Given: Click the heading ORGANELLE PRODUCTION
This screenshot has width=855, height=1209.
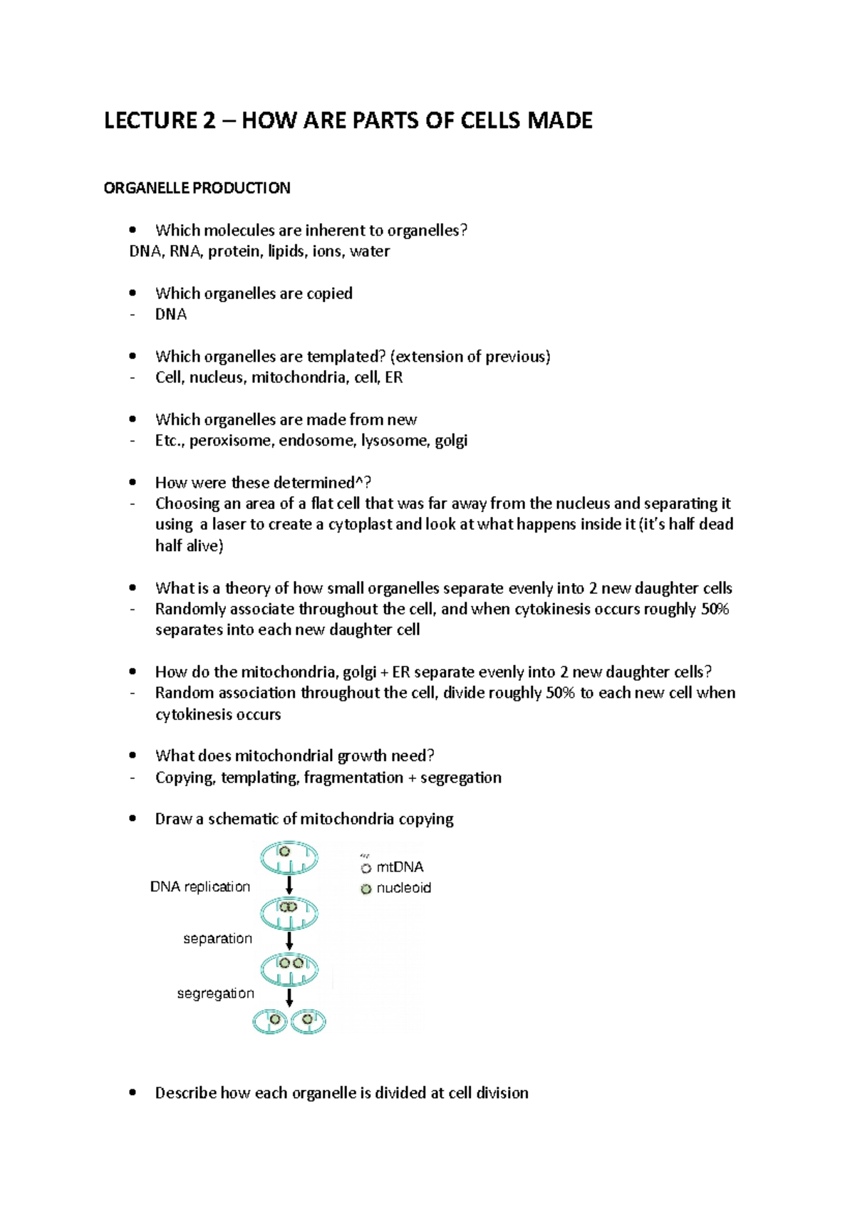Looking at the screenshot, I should click(197, 188).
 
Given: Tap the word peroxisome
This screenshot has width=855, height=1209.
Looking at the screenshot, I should click(230, 441).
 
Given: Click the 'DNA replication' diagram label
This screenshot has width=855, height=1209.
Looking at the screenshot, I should click(200, 886).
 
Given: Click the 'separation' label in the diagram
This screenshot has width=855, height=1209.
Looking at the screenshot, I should click(217, 938).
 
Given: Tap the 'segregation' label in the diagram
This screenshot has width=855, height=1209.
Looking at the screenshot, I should click(215, 993).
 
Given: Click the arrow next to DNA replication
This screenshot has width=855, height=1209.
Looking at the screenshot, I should click(289, 885).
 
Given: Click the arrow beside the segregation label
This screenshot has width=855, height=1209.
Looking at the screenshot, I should click(289, 996).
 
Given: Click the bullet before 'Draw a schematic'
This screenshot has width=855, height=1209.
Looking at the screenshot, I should click(133, 819).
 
